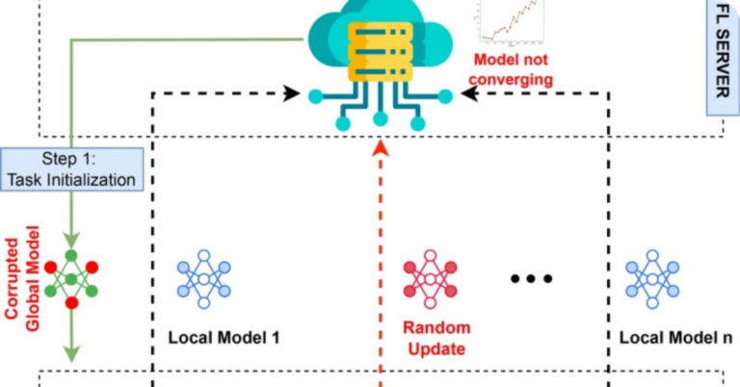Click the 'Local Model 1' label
[223, 338]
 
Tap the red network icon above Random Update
[430, 278]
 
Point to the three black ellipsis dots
[532, 279]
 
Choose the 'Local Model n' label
[674, 338]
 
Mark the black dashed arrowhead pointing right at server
[290, 94]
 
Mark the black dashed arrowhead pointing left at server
[470, 94]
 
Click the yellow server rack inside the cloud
[382, 48]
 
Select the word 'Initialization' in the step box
[98, 178]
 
